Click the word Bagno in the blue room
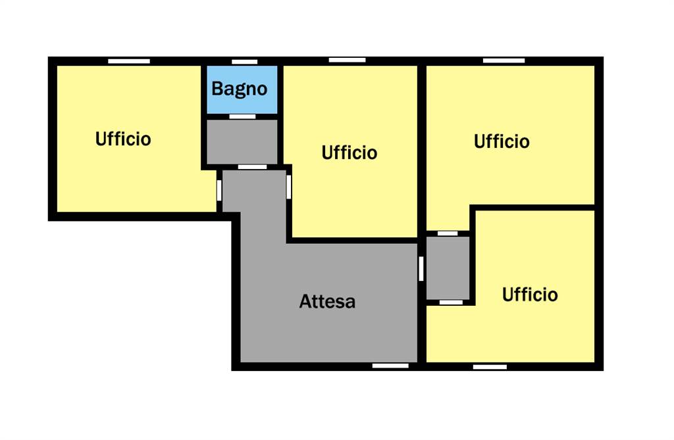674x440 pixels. [x=240, y=89]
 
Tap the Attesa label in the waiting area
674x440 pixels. [x=327, y=301]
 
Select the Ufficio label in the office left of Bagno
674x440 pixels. [x=123, y=139]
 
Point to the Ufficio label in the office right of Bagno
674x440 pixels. [x=350, y=153]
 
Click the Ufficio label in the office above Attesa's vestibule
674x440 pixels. [x=502, y=141]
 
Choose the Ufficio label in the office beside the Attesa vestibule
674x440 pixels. [x=530, y=295]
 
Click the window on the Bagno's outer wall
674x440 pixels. [x=245, y=62]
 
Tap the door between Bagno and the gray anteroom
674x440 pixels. [x=242, y=116]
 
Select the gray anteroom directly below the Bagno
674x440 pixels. [x=242, y=141]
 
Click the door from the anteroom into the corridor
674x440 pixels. [x=252, y=166]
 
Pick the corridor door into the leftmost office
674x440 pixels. [x=219, y=190]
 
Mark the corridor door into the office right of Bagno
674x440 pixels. [x=289, y=187]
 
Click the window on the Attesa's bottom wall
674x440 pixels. [x=390, y=366]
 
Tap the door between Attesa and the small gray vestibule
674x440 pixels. [x=421, y=268]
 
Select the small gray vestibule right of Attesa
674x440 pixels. [x=448, y=268]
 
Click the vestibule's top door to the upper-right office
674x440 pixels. [x=448, y=233]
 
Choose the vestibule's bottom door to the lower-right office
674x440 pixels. [x=451, y=303]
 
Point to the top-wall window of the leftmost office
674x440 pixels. [x=129, y=61]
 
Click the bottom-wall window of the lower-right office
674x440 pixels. [x=490, y=367]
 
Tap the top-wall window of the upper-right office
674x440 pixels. [x=504, y=61]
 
